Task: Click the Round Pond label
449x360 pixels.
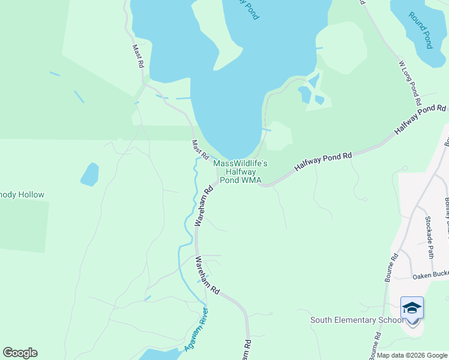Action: (421, 31)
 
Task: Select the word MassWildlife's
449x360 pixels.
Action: (241, 163)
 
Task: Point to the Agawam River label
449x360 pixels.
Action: (196, 329)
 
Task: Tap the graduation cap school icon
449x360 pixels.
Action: (412, 308)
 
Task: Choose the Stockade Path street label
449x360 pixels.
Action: (429, 237)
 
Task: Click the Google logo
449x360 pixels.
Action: (20, 353)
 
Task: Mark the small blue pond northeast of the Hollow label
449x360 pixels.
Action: (89, 174)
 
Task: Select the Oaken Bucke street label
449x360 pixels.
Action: (430, 276)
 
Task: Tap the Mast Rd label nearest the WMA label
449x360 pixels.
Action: (200, 149)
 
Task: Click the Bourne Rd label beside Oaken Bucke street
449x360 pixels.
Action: (391, 268)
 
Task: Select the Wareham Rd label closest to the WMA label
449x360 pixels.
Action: (204, 205)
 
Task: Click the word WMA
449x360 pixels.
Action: (253, 180)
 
